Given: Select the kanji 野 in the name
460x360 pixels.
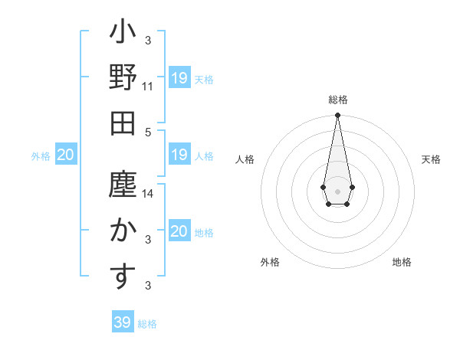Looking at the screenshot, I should [x=123, y=79].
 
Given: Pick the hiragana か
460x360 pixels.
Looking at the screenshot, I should [x=123, y=230].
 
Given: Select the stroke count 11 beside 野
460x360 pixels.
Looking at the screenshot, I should [x=148, y=87].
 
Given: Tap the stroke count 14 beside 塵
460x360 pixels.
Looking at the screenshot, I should [x=148, y=194].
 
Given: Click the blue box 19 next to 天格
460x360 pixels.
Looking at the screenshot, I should [x=179, y=78].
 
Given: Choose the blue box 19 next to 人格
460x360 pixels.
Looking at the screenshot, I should [x=179, y=155].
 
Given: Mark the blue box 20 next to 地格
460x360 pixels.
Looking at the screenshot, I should [x=179, y=231].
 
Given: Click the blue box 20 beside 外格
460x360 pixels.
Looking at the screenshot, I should [x=66, y=155].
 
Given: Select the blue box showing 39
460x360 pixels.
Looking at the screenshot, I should [x=123, y=322].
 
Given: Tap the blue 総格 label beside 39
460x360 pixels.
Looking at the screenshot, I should [x=147, y=323].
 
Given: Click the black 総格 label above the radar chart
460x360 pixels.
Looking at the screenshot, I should [x=337, y=100].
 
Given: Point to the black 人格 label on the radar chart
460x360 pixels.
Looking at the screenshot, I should [x=245, y=159].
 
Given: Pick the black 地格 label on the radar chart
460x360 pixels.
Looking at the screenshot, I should [x=402, y=262].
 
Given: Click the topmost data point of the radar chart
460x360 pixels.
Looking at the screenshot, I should [x=337, y=115].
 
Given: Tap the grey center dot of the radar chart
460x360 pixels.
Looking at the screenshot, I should [x=337, y=190].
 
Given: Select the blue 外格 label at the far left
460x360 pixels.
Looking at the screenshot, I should [x=41, y=156].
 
